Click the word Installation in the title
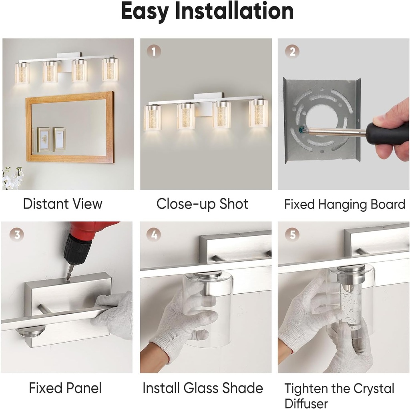236,12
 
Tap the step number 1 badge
153,51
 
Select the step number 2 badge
292,51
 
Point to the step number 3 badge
16,235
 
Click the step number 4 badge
153,235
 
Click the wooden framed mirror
70,127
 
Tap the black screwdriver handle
384,134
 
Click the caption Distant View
62,204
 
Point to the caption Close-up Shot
202,204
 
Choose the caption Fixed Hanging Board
344,204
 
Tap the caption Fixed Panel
65,388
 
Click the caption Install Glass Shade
203,388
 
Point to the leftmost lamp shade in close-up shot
153,117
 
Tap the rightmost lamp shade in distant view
110,70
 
